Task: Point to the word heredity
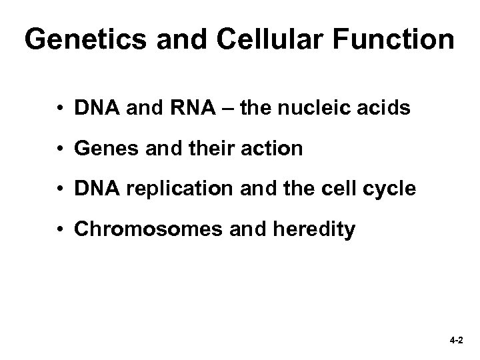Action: (x=319, y=231)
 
